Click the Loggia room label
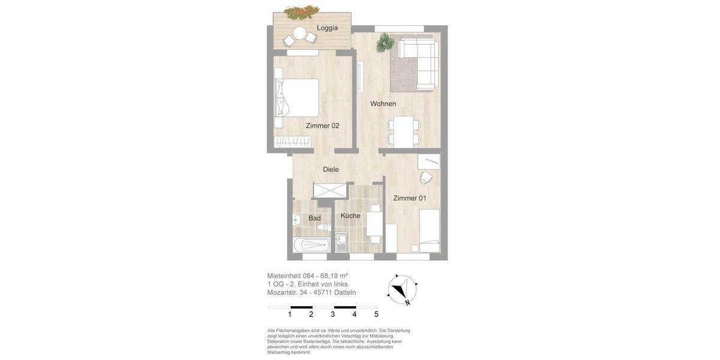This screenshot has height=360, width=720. (327, 28)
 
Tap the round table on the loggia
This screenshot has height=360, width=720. (299, 33)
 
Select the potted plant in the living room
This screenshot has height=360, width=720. (385, 43)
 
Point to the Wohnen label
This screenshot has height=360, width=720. (383, 104)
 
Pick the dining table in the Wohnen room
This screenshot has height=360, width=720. (403, 130)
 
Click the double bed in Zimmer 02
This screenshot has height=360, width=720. (299, 97)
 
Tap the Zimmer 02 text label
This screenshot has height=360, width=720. (322, 126)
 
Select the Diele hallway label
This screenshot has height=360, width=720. (331, 169)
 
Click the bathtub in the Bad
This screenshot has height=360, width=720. (311, 245)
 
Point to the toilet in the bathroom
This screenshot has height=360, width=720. (324, 227)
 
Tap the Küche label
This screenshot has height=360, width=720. (350, 215)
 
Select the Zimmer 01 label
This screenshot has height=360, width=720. (410, 198)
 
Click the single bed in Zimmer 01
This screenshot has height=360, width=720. (429, 230)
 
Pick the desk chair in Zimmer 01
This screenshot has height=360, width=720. (425, 178)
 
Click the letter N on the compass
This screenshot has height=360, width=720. (407, 303)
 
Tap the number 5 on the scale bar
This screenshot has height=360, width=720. (376, 314)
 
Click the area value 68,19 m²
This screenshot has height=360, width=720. (334, 276)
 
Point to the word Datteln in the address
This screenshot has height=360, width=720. (345, 293)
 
